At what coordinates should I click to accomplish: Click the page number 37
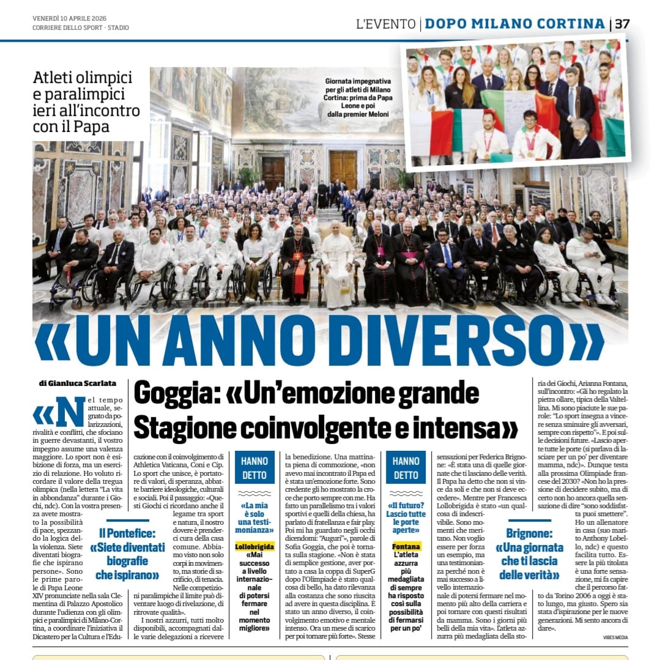tap(622, 24)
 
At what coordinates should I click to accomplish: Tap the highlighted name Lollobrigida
tap(254, 546)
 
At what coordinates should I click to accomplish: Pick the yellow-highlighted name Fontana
tap(406, 546)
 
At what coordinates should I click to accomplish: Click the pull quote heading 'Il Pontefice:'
tap(127, 533)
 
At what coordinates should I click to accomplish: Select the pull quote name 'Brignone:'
tap(530, 533)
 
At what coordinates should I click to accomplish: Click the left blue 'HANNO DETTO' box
tap(254, 467)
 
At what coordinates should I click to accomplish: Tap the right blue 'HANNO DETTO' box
tap(406, 467)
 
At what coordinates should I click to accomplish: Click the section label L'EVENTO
tap(385, 24)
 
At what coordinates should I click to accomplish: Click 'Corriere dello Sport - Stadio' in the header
tap(81, 28)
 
